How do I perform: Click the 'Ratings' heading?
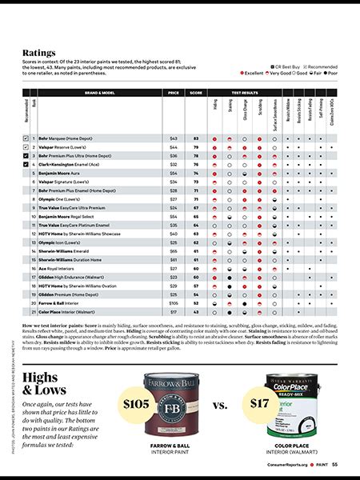point(38,52)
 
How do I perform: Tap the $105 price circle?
point(138,404)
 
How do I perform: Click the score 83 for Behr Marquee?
point(195,139)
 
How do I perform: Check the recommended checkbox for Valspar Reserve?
point(26,148)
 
